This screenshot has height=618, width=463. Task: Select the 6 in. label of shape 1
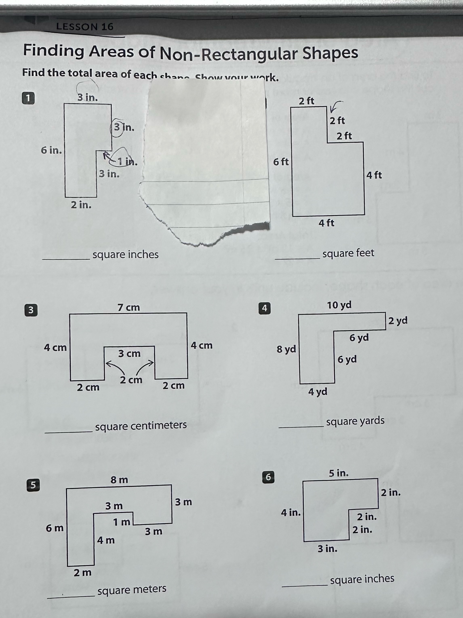point(51,150)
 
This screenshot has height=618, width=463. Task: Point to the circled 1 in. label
point(126,161)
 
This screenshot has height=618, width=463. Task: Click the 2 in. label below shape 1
point(81,205)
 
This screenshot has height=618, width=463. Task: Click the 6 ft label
point(281,161)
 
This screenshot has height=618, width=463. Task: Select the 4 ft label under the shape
point(326,223)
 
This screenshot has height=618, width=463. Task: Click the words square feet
point(348,253)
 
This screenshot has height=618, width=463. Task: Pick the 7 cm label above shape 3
point(129,307)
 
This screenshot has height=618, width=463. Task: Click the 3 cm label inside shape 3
point(129,353)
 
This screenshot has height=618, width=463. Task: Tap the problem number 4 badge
point(264,308)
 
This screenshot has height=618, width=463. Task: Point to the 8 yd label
point(286,349)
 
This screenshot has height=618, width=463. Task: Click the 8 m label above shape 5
point(119,480)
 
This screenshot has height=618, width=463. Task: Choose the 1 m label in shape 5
point(122,522)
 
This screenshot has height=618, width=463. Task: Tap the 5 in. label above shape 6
point(339,473)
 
